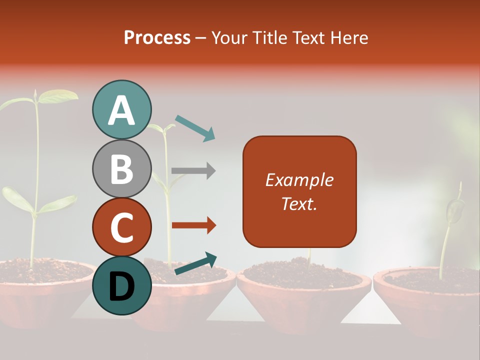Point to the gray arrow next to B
coord(193,171)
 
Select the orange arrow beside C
coord(193,225)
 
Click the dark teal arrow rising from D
coord(195,263)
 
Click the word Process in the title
coord(157,37)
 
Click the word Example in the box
coord(299,180)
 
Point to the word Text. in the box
coord(299,203)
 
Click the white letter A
coord(122,110)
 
